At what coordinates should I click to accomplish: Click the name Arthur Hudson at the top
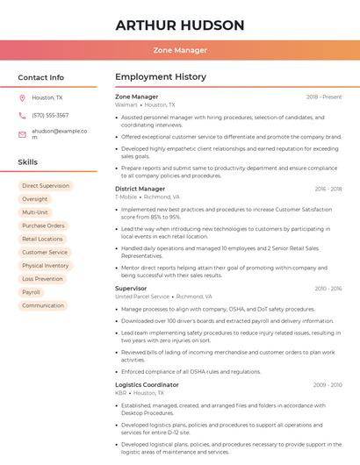pyautogui.click(x=180, y=25)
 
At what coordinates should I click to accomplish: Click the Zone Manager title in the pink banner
pyautogui.click(x=180, y=50)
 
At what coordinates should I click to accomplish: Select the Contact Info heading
pyautogui.click(x=40, y=77)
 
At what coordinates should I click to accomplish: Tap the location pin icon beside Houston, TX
pyautogui.click(x=22, y=98)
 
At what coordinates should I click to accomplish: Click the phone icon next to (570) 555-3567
pyautogui.click(x=22, y=116)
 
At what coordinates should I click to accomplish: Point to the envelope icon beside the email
pyautogui.click(x=22, y=133)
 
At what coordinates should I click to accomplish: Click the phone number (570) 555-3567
pyautogui.click(x=50, y=116)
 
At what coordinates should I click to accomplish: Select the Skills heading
pyautogui.click(x=27, y=162)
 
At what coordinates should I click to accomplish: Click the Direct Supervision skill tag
pyautogui.click(x=45, y=186)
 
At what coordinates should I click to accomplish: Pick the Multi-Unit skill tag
pyautogui.click(x=35, y=212)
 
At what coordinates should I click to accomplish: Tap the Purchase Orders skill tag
pyautogui.click(x=43, y=225)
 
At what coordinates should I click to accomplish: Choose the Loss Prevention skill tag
pyautogui.click(x=42, y=279)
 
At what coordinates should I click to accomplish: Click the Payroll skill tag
pyautogui.click(x=31, y=292)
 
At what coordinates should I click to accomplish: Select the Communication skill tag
pyautogui.click(x=43, y=305)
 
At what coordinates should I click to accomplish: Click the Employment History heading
pyautogui.click(x=160, y=77)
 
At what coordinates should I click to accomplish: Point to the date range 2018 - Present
pyautogui.click(x=324, y=97)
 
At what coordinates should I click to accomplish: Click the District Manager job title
pyautogui.click(x=140, y=189)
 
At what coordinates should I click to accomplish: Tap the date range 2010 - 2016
pyautogui.click(x=328, y=288)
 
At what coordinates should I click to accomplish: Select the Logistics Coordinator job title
pyautogui.click(x=147, y=384)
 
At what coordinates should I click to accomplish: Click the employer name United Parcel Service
pyautogui.click(x=141, y=297)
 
